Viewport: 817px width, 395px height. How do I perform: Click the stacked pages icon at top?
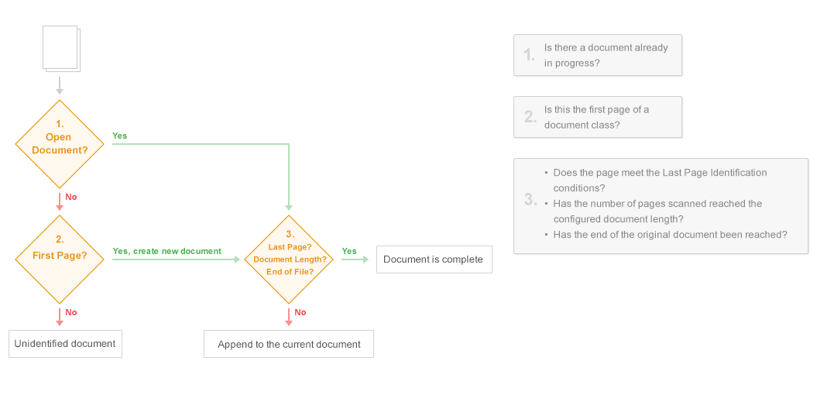point(61,49)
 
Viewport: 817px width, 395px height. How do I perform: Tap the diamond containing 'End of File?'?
point(290,259)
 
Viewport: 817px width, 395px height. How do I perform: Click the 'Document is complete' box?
point(433,259)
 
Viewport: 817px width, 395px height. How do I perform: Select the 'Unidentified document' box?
point(65,344)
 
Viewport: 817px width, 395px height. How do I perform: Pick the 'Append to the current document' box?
point(289,345)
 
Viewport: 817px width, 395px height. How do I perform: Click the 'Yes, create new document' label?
point(166,251)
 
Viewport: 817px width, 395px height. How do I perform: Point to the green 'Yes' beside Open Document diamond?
point(119,136)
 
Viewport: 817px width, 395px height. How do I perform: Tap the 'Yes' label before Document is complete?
point(349,251)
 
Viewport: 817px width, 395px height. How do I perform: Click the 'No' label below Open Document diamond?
point(71,197)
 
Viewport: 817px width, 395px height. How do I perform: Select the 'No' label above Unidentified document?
point(71,312)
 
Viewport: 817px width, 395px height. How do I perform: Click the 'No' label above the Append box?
point(300,312)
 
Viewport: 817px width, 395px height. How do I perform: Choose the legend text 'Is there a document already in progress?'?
point(606,55)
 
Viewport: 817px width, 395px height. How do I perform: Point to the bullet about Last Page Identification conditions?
point(660,180)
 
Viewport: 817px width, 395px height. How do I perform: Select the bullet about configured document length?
point(657,211)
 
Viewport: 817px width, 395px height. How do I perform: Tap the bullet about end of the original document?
point(670,235)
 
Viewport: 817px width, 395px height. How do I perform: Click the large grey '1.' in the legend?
point(530,55)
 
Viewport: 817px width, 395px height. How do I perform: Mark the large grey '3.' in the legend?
point(530,200)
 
